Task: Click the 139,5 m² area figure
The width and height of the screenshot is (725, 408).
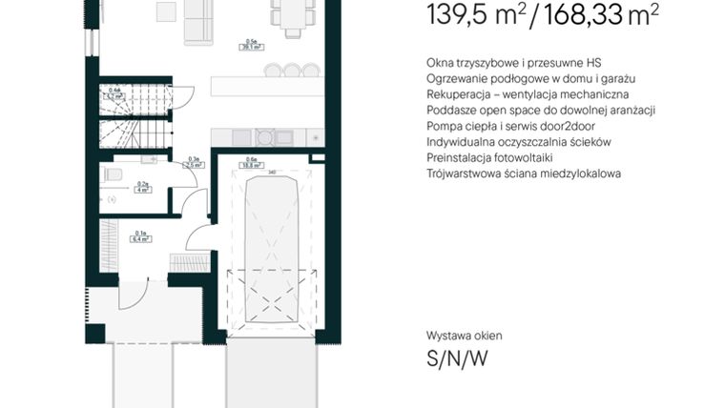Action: coord(471,15)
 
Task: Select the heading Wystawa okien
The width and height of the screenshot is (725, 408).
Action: coord(464,336)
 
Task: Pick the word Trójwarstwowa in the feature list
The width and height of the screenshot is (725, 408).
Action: coord(465,173)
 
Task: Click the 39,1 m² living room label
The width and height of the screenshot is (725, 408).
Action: coord(252,45)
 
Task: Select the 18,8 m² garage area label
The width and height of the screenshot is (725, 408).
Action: coord(252,163)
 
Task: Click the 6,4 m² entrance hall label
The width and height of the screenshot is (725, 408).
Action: coord(141,237)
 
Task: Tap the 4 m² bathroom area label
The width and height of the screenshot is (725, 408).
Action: coord(143,188)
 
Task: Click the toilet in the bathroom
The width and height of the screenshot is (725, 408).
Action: coord(112,174)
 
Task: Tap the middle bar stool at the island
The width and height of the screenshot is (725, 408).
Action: coord(291,70)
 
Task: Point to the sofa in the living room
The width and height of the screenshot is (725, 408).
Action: coord(199,22)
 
